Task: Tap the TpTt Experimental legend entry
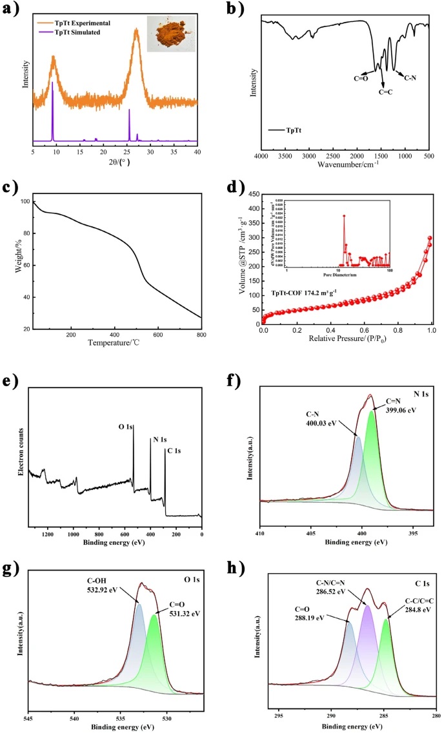pyautogui.click(x=81, y=21)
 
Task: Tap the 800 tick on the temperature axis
pyautogui.click(x=201, y=336)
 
